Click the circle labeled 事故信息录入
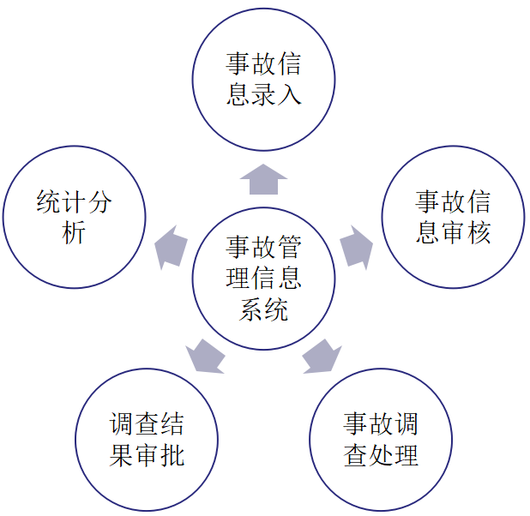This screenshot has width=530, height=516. point(263,79)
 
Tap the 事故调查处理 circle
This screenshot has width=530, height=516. point(380,440)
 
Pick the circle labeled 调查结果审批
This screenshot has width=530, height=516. point(147,440)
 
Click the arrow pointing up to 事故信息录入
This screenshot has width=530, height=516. point(263,179)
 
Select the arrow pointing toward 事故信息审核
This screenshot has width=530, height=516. point(356,247)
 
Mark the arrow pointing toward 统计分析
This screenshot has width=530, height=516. point(171,247)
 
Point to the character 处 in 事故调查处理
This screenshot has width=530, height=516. point(380,455)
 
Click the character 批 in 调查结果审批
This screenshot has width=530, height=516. point(172,455)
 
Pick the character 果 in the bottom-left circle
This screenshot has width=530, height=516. point(121,455)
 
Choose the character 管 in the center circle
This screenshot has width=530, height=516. point(289,248)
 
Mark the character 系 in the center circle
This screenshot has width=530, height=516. point(250,309)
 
